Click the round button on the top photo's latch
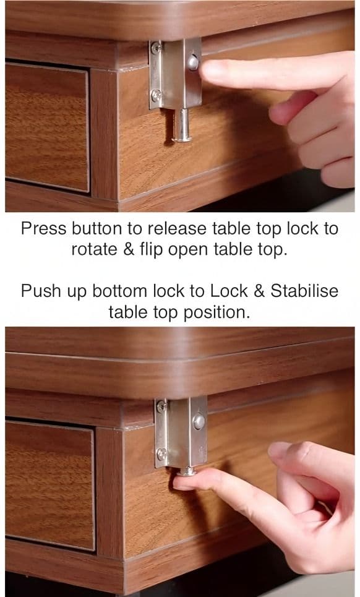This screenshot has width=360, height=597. point(193,62)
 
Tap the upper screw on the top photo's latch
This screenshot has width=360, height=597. point(156,48)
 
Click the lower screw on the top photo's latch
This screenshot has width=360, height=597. point(156,95)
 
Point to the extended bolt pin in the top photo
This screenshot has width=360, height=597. point(182,125)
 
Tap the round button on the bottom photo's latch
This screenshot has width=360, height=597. point(199,421)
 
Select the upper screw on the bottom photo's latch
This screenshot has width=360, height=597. point(161,406)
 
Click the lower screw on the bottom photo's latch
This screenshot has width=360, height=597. point(161,453)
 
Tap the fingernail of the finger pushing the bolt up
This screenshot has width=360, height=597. point(182,483)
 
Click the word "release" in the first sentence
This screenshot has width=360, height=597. point(178,228)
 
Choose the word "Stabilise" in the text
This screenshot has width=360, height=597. point(304,291)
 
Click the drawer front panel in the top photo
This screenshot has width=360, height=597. point(47,127)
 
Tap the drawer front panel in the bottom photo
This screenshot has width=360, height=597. point(50,486)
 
